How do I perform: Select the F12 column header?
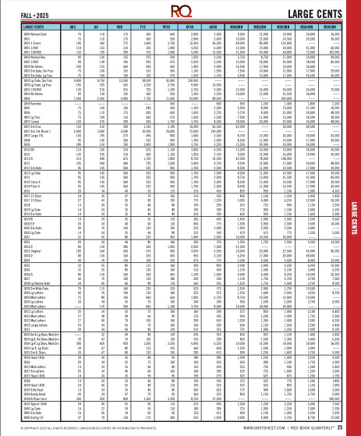(144, 26)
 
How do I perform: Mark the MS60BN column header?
(242, 26)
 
